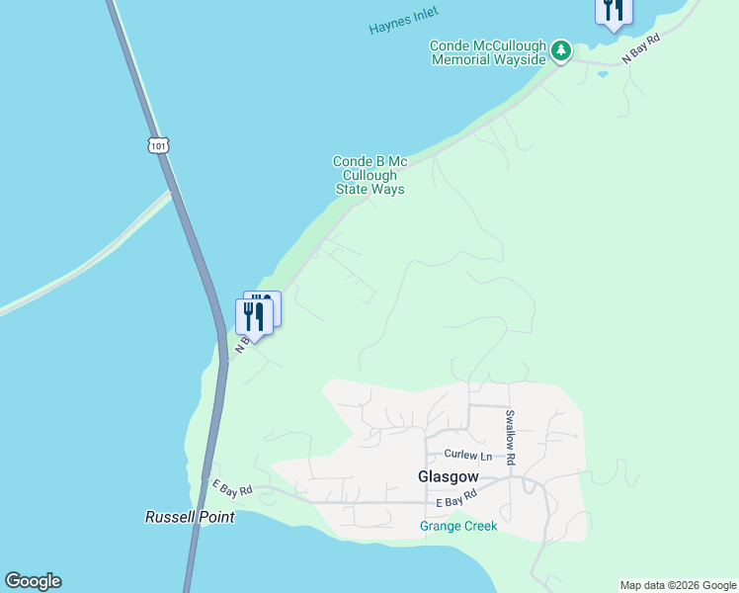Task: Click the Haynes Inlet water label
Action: pyautogui.click(x=403, y=21)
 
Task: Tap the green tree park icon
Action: pyautogui.click(x=560, y=49)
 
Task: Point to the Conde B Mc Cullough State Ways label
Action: pyautogui.click(x=369, y=175)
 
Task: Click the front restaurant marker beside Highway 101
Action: pyautogui.click(x=253, y=317)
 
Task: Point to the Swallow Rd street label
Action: pyautogui.click(x=510, y=437)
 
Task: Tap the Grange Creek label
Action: pyautogui.click(x=458, y=526)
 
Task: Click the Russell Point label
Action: pyautogui.click(x=190, y=517)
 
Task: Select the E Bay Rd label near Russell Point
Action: pyautogui.click(x=232, y=487)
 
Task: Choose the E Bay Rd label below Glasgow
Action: pyautogui.click(x=441, y=502)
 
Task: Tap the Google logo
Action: pyautogui.click(x=33, y=581)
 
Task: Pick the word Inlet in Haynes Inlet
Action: pyautogui.click(x=422, y=17)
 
